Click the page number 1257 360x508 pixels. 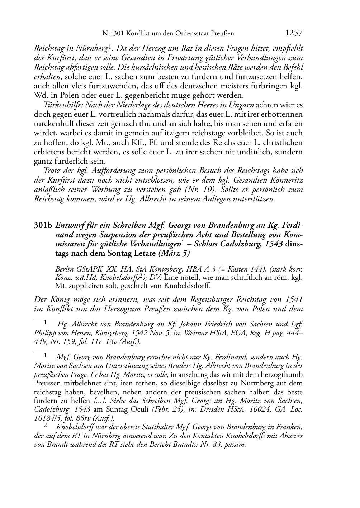click(294, 33)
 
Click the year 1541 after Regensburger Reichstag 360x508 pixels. click(294, 299)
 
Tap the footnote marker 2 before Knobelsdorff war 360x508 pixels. click(46, 426)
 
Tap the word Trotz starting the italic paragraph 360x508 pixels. click(52, 171)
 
